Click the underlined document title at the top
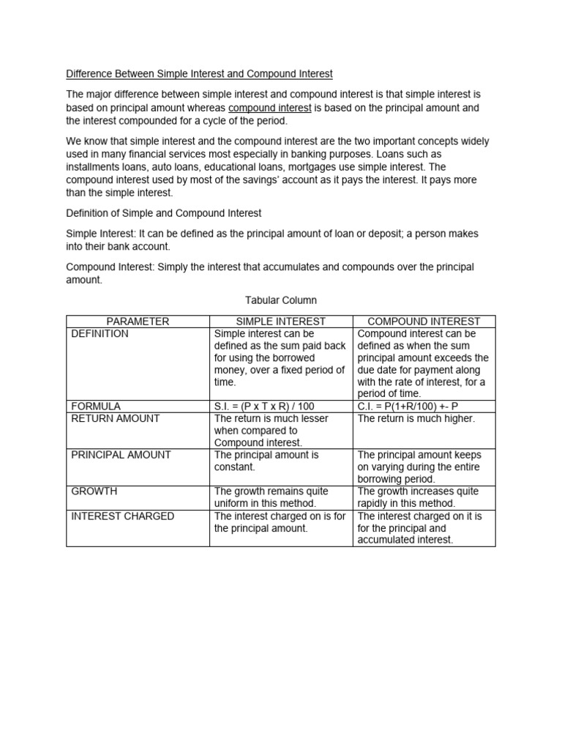pyautogui.click(x=199, y=74)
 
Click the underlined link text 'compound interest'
pyautogui.click(x=269, y=108)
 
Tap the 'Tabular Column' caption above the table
pyautogui.click(x=280, y=300)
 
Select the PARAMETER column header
pyautogui.click(x=138, y=321)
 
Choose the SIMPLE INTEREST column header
pyautogui.click(x=281, y=321)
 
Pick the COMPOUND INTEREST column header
pyautogui.click(x=424, y=321)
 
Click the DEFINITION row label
pyautogui.click(x=100, y=334)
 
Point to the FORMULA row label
pyautogui.click(x=95, y=406)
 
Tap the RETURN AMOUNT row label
pyautogui.click(x=115, y=418)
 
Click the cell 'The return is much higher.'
pyautogui.click(x=416, y=418)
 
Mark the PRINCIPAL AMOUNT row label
pyautogui.click(x=121, y=455)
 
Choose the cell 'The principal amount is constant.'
pyautogui.click(x=266, y=460)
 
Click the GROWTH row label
pyautogui.click(x=94, y=491)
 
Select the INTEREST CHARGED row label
pyautogui.click(x=122, y=516)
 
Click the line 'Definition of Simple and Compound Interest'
pyautogui.click(x=164, y=213)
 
